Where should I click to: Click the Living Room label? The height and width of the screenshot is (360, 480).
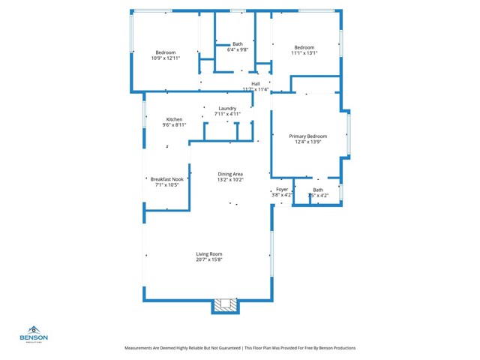[x=209, y=253]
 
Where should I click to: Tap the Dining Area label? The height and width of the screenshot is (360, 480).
[x=230, y=173]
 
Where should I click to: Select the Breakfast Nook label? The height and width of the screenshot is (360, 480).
[x=166, y=179]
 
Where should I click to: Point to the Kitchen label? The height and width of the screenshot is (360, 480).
[x=174, y=119]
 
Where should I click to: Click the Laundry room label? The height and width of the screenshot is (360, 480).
[x=226, y=109]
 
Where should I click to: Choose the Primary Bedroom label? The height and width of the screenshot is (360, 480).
[x=308, y=136]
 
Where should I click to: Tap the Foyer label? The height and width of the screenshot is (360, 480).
[x=282, y=190]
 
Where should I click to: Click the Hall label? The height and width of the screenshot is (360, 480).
[x=255, y=83]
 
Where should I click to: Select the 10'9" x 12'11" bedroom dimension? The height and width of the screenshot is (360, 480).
[x=165, y=58]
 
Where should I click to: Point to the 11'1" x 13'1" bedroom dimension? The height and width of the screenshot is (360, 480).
[x=304, y=52]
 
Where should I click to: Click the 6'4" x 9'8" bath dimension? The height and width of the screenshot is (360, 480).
[x=238, y=49]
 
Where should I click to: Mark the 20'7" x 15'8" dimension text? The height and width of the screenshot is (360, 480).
[x=209, y=259]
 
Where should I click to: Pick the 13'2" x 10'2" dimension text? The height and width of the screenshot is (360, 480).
[x=230, y=179]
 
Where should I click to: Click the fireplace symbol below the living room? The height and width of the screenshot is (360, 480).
[x=226, y=304]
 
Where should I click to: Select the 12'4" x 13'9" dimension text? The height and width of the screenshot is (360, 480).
[x=308, y=142]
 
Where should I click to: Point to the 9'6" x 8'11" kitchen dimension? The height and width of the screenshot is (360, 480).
[x=174, y=125]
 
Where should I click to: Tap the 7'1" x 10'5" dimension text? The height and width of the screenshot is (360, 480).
[x=166, y=185]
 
